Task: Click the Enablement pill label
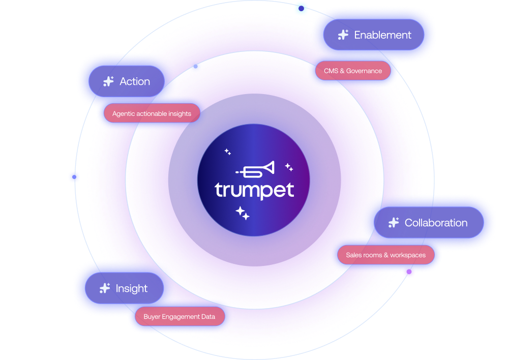click(382, 35)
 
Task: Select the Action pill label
click(134, 81)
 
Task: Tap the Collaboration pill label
click(436, 223)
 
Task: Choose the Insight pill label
click(131, 288)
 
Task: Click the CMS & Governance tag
click(353, 71)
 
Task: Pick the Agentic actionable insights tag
click(152, 113)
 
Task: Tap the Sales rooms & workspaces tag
click(385, 255)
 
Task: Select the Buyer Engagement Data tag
click(179, 316)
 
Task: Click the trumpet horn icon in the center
click(255, 170)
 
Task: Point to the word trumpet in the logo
click(254, 191)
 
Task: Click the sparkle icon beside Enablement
click(343, 35)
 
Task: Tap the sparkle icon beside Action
click(108, 81)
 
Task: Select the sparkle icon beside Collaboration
click(393, 223)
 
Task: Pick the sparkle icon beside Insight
click(105, 288)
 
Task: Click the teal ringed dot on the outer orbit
click(301, 8)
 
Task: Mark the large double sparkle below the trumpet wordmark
click(243, 213)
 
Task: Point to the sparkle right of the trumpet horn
click(288, 167)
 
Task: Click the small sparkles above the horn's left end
click(227, 152)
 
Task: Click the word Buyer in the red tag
click(152, 316)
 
